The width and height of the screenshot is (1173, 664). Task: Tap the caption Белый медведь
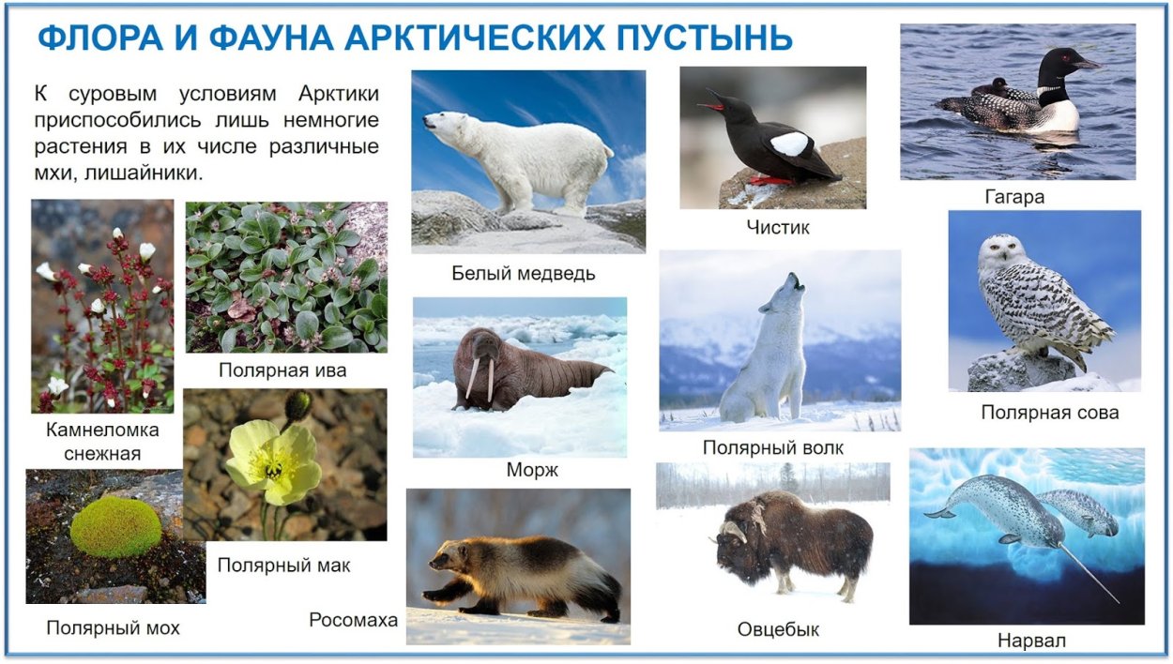point(523,273)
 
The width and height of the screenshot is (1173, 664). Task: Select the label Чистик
point(778,227)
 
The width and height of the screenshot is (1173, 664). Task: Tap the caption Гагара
point(1014,197)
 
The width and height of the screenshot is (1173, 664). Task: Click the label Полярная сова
point(1049,412)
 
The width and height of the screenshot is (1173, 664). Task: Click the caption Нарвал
point(1031,641)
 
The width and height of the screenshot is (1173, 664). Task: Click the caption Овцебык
point(778,629)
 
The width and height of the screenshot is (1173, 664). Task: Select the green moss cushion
point(115,527)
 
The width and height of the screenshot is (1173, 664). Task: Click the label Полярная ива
point(282,370)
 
